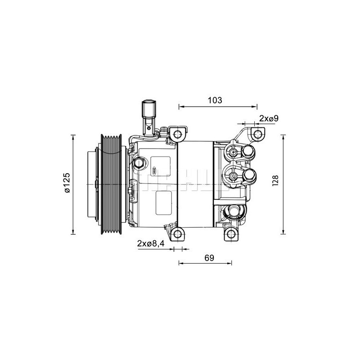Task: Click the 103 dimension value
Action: (x=215, y=100)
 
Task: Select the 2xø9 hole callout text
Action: (x=269, y=118)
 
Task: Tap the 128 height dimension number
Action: (x=276, y=180)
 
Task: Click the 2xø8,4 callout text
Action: (x=150, y=243)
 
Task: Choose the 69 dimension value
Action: (x=209, y=258)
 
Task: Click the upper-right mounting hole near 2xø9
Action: (x=257, y=134)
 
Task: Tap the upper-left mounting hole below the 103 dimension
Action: (x=179, y=134)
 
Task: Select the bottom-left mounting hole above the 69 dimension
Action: (x=179, y=234)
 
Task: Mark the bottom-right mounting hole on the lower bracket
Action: (x=230, y=234)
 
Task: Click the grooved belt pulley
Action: (x=112, y=184)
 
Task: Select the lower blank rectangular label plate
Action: (x=163, y=203)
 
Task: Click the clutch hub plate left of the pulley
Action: (x=93, y=184)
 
